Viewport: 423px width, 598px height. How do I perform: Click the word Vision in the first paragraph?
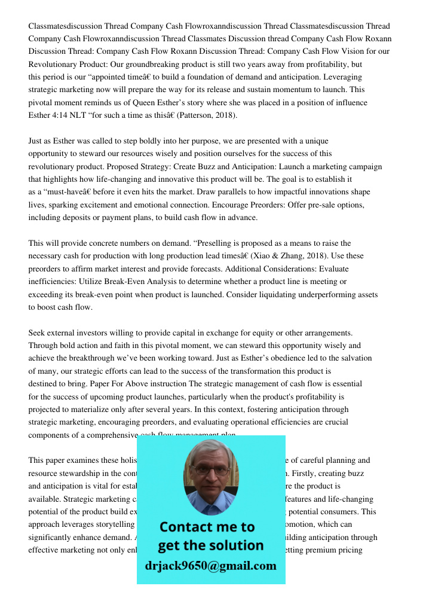point(341,51)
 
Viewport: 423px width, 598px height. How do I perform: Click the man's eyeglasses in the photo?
point(210,470)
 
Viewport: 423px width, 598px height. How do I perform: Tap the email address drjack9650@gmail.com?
point(210,566)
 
